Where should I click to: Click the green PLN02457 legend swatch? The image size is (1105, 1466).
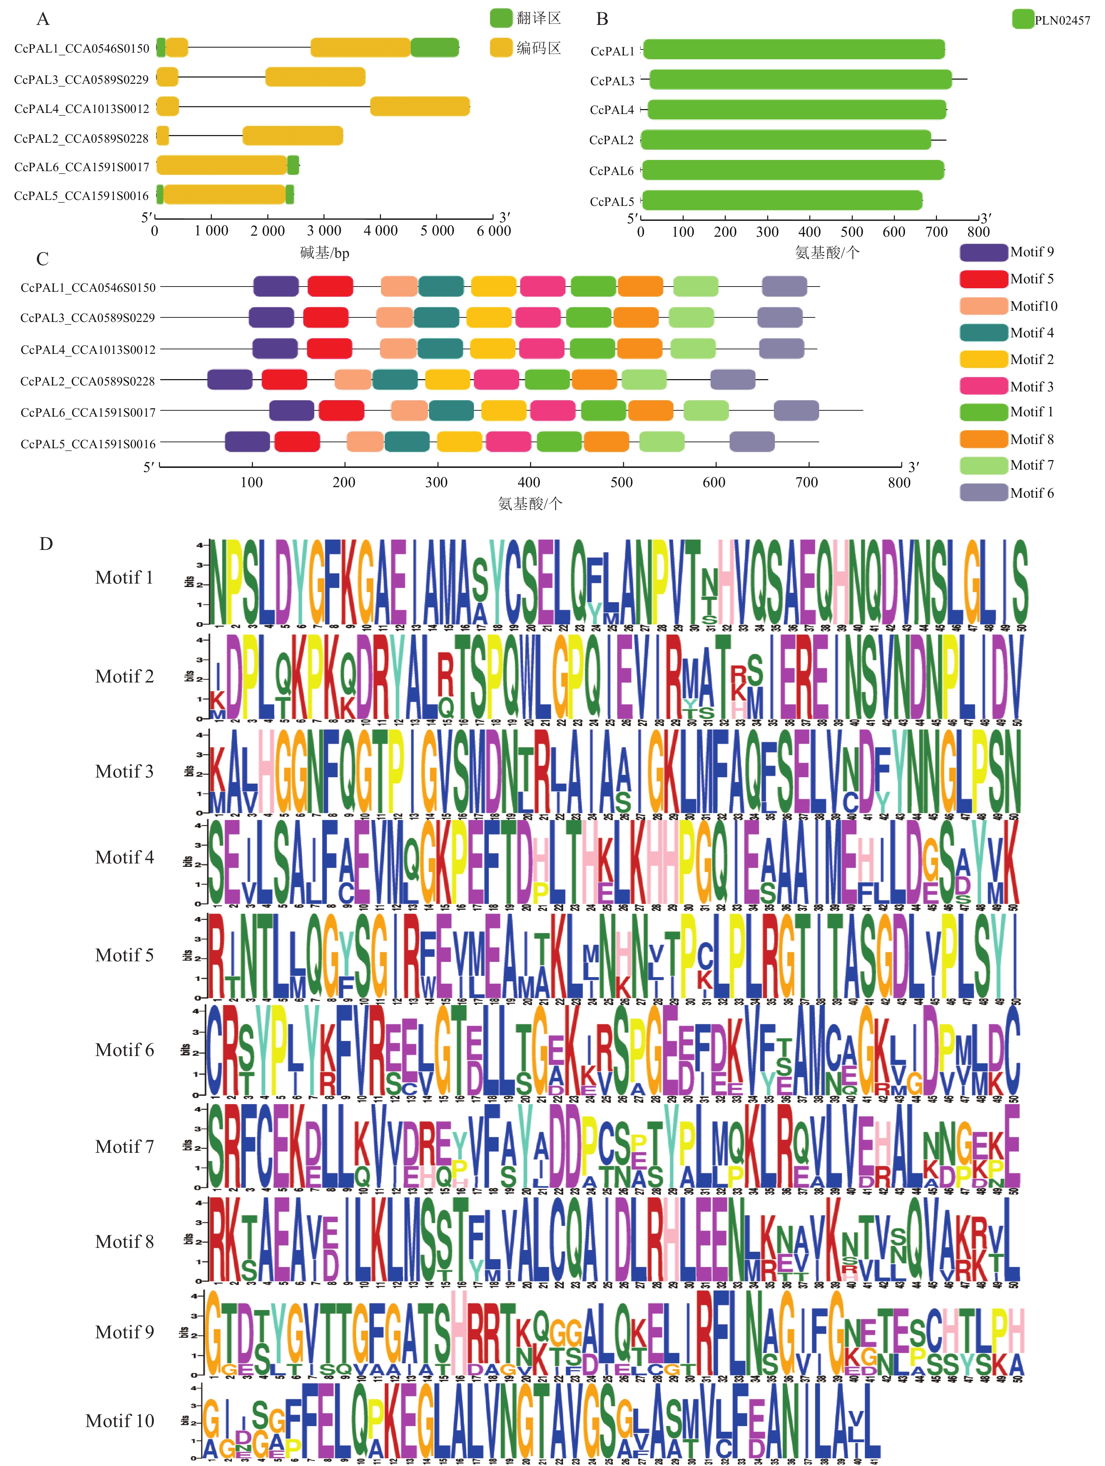coord(1023,19)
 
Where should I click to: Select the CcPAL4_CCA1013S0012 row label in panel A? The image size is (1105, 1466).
coord(81,109)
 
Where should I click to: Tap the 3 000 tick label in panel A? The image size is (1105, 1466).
coord(323,231)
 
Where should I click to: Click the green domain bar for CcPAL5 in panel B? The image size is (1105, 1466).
coord(782,200)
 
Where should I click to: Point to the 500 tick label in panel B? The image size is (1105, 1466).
coord(852,232)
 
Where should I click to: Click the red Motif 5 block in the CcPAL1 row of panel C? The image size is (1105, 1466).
coord(330,286)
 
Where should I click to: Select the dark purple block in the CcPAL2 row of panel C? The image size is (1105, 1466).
coord(230,380)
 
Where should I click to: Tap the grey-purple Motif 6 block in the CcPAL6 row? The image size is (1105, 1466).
coord(796,411)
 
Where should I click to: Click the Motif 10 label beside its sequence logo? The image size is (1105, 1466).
coord(120,1421)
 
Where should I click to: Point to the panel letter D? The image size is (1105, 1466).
coord(46,544)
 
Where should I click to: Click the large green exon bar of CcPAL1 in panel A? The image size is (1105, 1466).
coord(434,48)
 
